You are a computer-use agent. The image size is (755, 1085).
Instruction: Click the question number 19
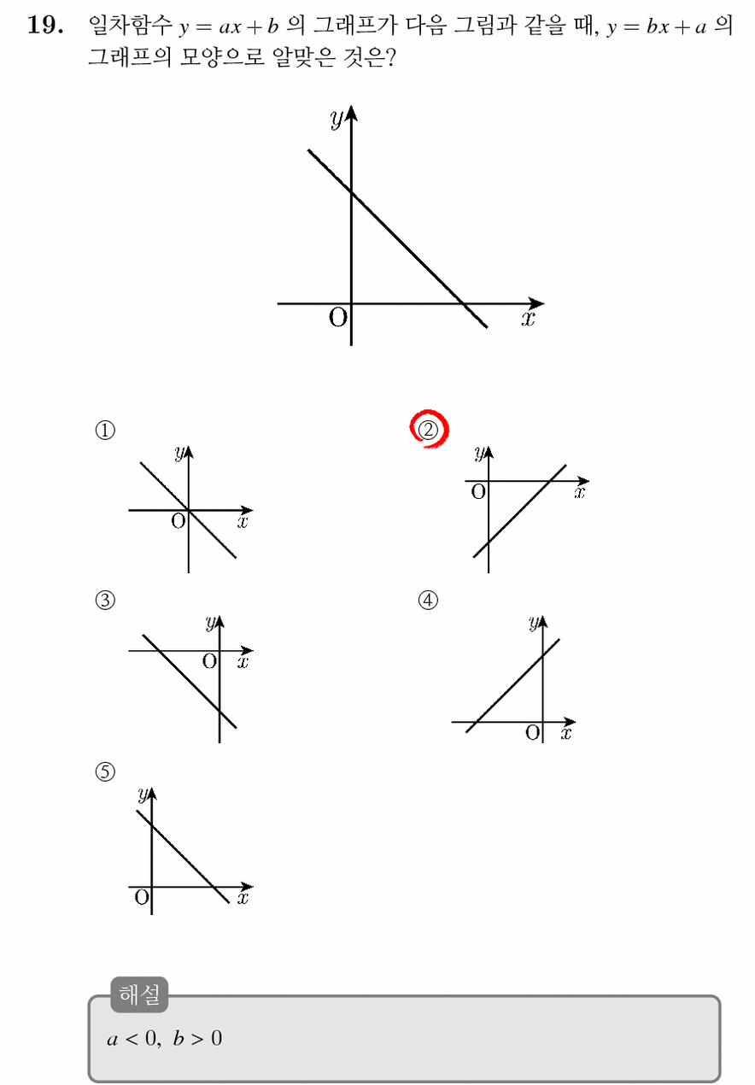[45, 25]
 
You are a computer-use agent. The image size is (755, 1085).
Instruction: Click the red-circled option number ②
[428, 430]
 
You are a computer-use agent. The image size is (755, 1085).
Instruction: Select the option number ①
[105, 430]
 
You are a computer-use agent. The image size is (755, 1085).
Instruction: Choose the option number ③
[105, 600]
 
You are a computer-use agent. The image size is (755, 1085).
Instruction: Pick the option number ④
[428, 600]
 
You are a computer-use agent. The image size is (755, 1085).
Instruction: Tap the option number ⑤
[105, 771]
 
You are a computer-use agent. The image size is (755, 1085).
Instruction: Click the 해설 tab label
[139, 994]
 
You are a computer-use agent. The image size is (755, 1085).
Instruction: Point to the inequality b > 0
[197, 1039]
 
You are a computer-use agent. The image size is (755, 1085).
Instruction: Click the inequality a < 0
[132, 1039]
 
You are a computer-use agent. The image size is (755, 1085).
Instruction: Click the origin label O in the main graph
[338, 318]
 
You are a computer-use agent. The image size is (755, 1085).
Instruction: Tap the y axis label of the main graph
[337, 118]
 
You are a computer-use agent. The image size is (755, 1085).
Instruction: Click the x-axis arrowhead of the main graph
[536, 303]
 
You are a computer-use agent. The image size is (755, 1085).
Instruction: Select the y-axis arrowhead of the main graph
[352, 113]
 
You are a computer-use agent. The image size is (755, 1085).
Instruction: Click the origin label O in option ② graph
[478, 492]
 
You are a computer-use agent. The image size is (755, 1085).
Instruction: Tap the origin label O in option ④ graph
[533, 732]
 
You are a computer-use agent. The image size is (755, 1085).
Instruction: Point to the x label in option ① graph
[243, 522]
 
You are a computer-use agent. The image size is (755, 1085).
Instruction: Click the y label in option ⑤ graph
[142, 795]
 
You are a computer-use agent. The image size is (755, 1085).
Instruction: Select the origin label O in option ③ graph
[209, 661]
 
